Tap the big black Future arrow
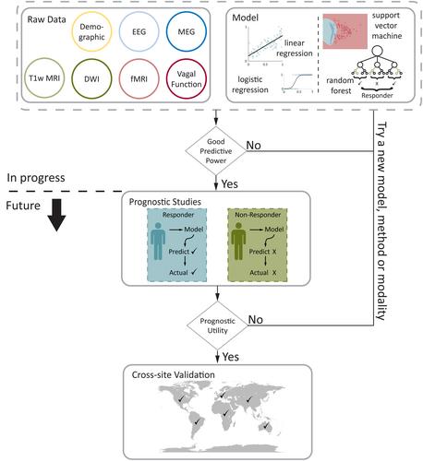tap(56, 215)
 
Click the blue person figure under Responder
tap(158, 241)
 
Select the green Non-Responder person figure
tap(238, 241)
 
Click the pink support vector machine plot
tap(345, 31)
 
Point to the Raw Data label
tap(46, 19)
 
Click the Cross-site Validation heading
tap(173, 374)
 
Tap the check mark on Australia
tap(266, 426)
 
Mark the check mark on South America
tap(198, 420)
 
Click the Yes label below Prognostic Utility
tap(231, 357)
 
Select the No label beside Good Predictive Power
tap(254, 146)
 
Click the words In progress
tap(36, 178)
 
